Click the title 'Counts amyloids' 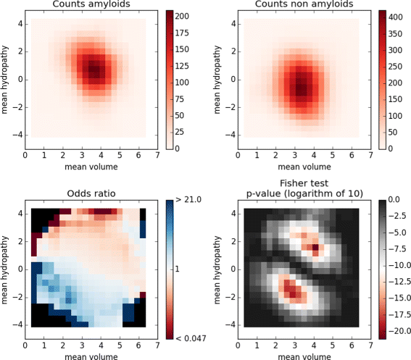[x=89, y=6]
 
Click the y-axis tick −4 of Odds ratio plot [x=16, y=326]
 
